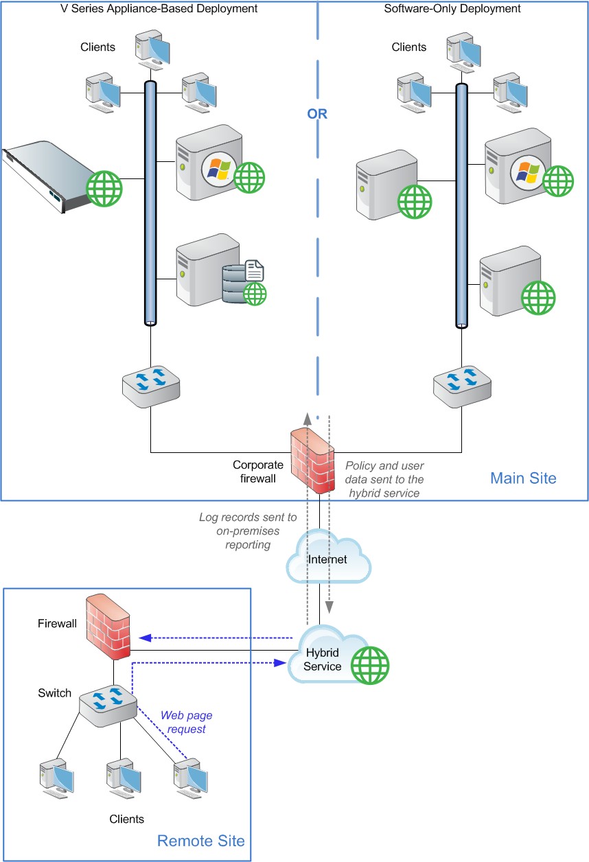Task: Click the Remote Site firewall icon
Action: (109, 627)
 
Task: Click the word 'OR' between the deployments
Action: (317, 115)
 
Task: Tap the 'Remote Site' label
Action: (200, 841)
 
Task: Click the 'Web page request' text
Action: (183, 722)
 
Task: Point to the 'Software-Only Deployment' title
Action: (452, 9)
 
